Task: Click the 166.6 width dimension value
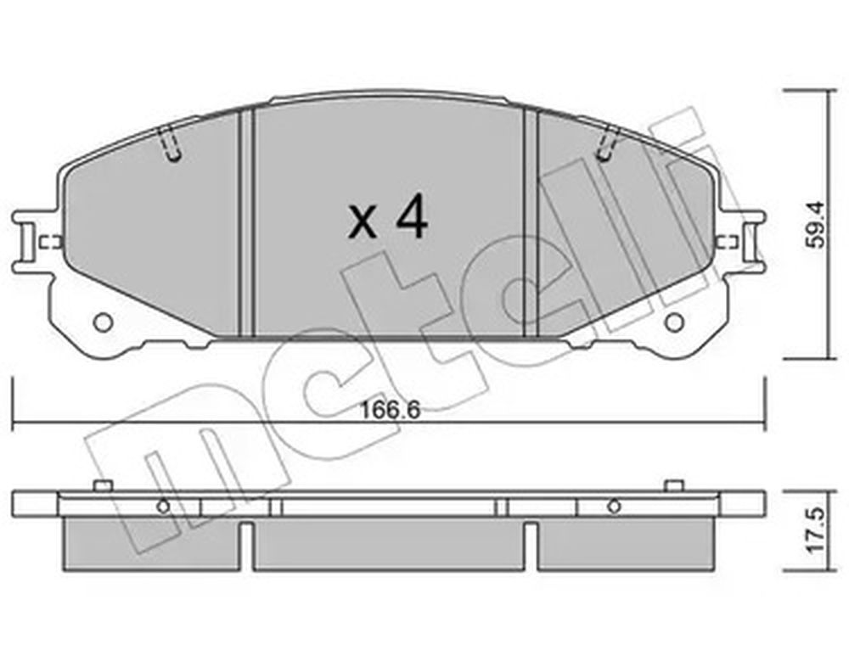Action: [x=391, y=410]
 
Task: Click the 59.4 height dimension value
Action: [x=815, y=224]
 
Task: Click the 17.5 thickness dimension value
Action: [x=815, y=529]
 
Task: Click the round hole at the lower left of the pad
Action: [x=103, y=322]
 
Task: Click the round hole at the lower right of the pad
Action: [x=674, y=322]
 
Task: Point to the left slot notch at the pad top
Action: [x=171, y=143]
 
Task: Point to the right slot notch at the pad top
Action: [x=606, y=143]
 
